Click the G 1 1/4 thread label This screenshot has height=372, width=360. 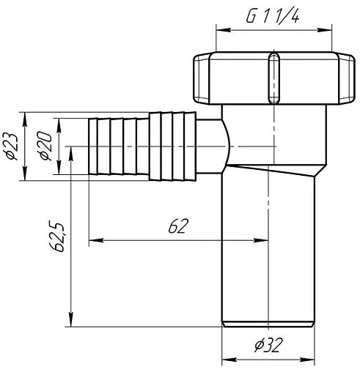point(272,17)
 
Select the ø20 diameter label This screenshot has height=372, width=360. point(46,146)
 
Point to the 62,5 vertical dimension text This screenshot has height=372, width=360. point(57,237)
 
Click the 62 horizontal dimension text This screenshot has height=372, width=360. point(178,226)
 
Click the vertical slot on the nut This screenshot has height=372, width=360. point(273,78)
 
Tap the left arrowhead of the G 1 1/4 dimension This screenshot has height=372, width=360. point(224,30)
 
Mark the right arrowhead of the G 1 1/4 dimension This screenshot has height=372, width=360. point(325,30)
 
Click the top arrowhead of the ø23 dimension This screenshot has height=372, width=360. point(24,119)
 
